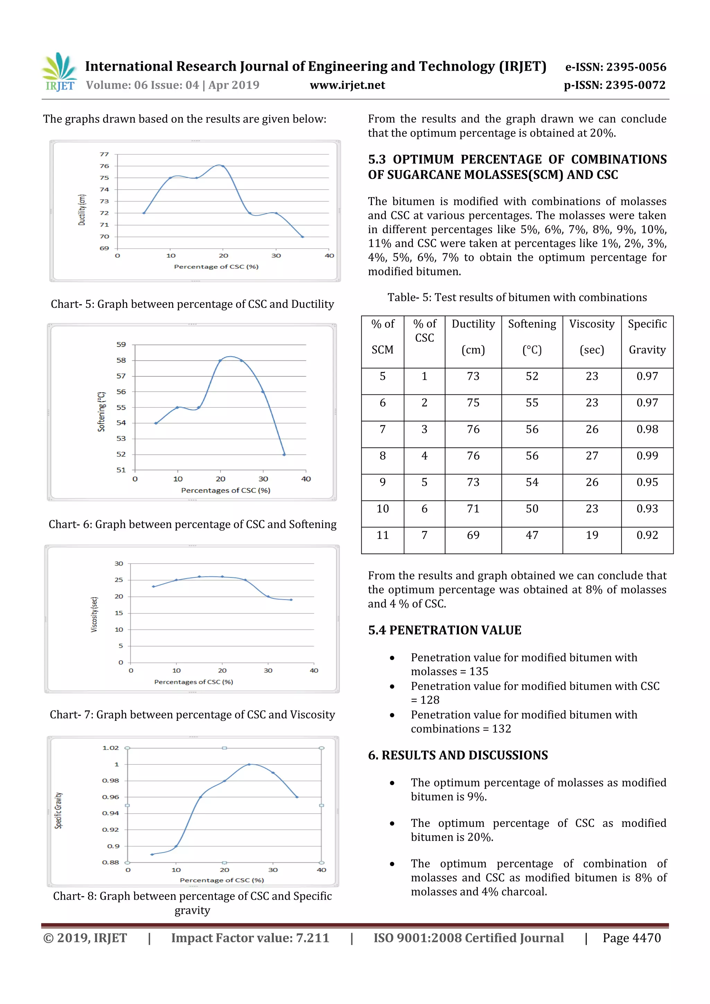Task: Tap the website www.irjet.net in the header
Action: pos(347,85)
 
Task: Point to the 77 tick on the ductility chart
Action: pos(104,154)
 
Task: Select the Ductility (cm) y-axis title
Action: pos(82,210)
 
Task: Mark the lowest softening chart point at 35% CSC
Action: pos(284,454)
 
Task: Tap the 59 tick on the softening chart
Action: pos(121,344)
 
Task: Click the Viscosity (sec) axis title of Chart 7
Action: pos(94,614)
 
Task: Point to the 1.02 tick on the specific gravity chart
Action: pos(111,748)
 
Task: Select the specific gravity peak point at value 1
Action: pos(249,765)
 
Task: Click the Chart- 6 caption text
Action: pos(192,524)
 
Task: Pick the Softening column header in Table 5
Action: pos(532,324)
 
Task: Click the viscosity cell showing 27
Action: pos(591,456)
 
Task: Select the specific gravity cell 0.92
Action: pos(647,535)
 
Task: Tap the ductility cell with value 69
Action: pos(473,535)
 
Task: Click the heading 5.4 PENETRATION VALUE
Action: pos(444,630)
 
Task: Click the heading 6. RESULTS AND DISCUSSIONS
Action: pos(458,755)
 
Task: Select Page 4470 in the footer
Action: pos(631,938)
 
